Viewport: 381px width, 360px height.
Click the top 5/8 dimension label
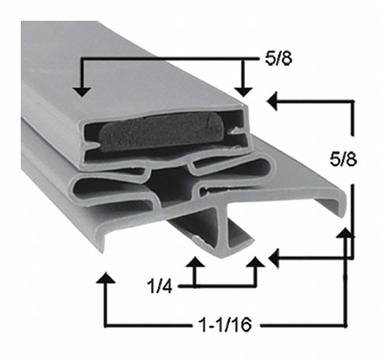(278, 59)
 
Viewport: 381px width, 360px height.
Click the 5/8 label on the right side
(343, 160)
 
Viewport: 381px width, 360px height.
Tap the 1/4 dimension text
(160, 286)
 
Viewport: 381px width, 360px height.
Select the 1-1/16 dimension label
(225, 325)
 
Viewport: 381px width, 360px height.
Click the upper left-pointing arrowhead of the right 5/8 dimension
(272, 101)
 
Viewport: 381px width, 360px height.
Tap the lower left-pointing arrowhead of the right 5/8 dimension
(274, 258)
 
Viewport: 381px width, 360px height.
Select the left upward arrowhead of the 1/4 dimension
(194, 262)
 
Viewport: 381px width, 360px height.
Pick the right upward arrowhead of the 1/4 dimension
(255, 262)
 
